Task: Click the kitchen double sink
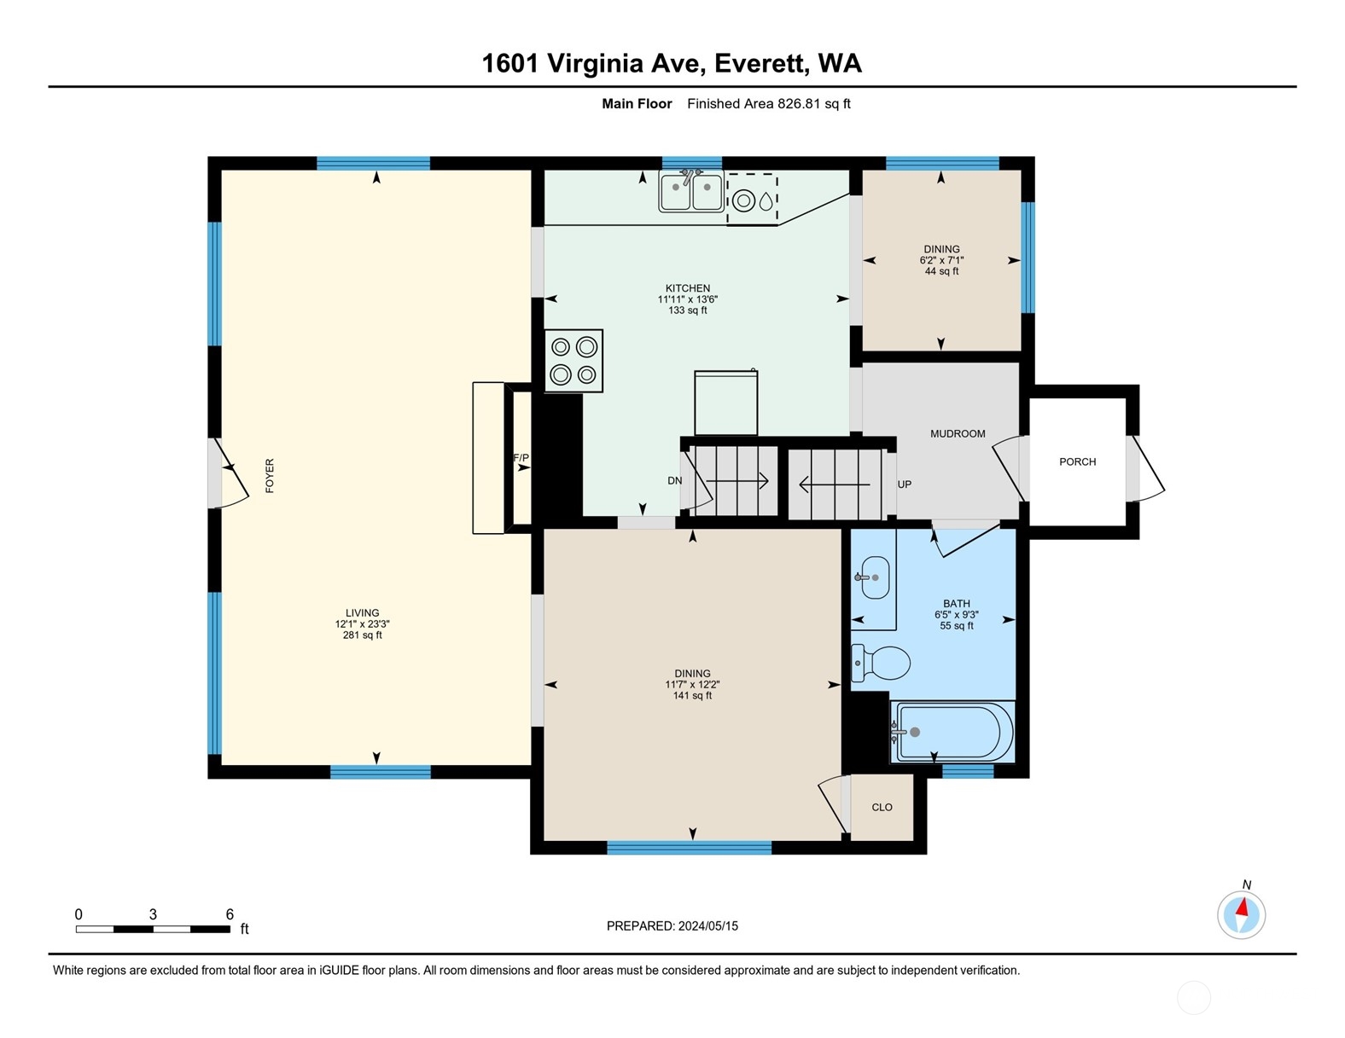point(690,191)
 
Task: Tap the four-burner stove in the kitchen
point(574,361)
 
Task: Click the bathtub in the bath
point(952,732)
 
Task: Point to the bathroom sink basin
point(874,577)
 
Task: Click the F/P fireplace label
point(521,458)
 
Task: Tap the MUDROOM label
point(958,433)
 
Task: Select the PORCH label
point(1077,461)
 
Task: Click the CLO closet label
point(882,807)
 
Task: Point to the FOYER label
point(270,476)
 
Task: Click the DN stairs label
point(675,480)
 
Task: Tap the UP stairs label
point(905,484)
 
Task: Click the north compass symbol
point(1241,914)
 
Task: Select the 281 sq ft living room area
point(362,635)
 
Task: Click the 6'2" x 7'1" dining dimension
point(941,260)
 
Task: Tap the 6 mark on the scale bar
point(230,914)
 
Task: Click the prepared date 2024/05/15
point(707,925)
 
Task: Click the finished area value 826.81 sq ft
point(813,104)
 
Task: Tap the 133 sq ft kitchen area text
point(688,310)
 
